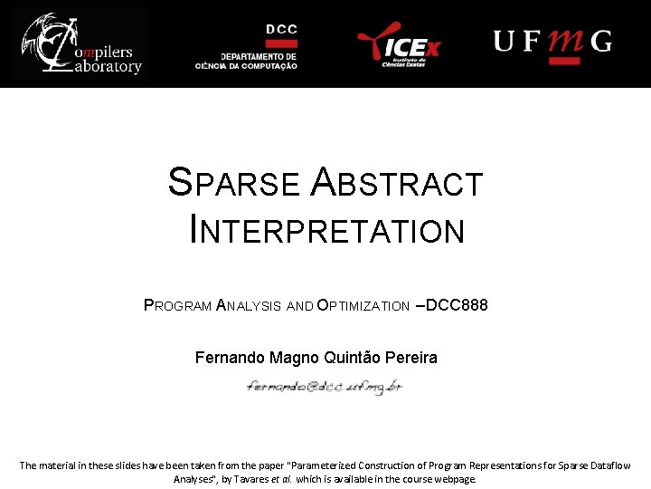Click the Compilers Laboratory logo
[x=80, y=43]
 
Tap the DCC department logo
[x=246, y=45]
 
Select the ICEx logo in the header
[x=398, y=43]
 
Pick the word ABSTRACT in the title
[x=397, y=184]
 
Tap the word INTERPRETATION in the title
[x=327, y=230]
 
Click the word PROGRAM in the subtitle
[x=178, y=306]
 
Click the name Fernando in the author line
[x=230, y=358]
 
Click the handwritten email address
[x=325, y=386]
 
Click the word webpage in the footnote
[x=454, y=479]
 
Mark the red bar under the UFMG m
[x=565, y=60]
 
